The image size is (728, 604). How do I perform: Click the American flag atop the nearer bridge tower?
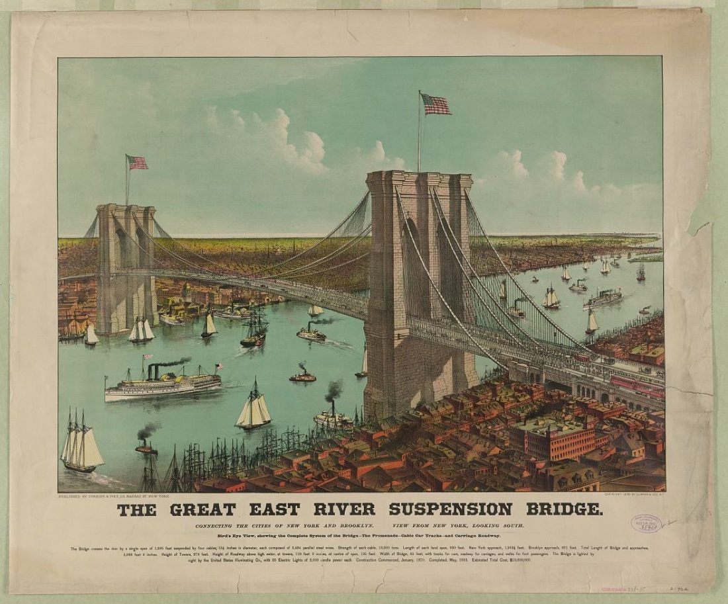(435, 104)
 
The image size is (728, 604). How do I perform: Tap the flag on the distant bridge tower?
(138, 162)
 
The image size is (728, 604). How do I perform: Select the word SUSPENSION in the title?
(450, 509)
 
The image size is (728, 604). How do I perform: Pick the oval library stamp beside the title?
(645, 524)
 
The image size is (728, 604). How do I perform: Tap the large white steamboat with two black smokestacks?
(162, 384)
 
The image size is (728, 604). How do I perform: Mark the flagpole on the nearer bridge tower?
(419, 132)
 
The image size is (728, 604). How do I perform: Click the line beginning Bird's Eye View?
(347, 535)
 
